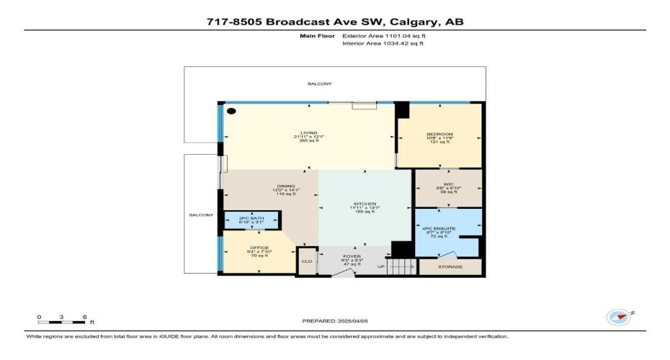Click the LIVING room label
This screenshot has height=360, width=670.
click(x=309, y=133)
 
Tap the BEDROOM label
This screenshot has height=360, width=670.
click(x=439, y=135)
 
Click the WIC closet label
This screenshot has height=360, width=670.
click(x=448, y=184)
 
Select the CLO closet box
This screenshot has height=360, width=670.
click(x=307, y=262)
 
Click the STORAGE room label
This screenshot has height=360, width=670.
click(x=450, y=266)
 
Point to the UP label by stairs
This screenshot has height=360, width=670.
click(x=382, y=267)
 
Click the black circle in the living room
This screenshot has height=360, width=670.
click(x=232, y=111)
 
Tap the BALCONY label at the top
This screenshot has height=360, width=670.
click(x=320, y=84)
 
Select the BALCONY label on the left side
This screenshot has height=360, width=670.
click(x=201, y=214)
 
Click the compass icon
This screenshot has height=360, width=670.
click(x=618, y=317)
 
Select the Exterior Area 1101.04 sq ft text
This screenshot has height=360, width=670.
click(x=383, y=35)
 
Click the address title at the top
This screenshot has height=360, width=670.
click(x=334, y=22)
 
